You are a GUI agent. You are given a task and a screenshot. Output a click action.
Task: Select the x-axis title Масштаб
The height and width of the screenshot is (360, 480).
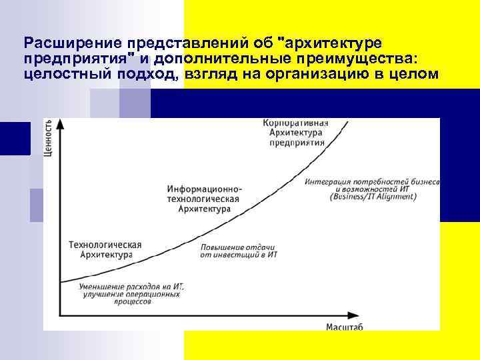click(x=345, y=326)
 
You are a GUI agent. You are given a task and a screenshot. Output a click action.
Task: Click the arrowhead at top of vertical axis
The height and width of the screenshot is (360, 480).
click(x=61, y=123)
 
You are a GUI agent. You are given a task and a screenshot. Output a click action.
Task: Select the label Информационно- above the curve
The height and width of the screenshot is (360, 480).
click(x=205, y=189)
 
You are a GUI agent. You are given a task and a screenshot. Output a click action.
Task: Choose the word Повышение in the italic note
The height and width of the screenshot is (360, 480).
click(x=223, y=247)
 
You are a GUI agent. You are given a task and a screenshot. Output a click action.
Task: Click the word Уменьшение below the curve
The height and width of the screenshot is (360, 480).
click(x=107, y=286)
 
